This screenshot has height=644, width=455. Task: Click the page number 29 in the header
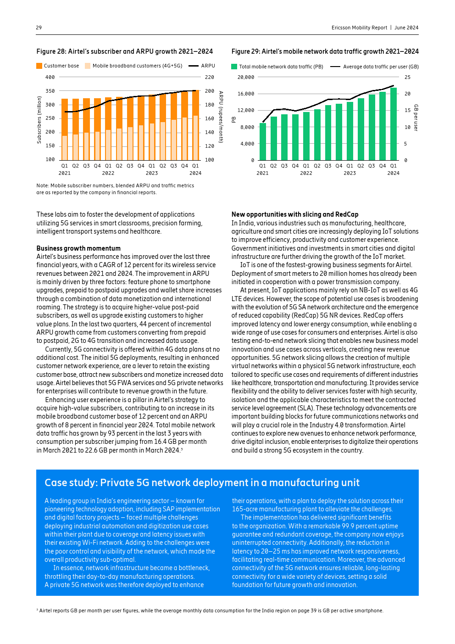coord(39,28)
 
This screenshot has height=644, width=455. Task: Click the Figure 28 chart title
coord(124,51)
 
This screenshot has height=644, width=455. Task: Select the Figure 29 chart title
coord(325,51)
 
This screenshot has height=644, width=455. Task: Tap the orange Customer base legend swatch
coord(39,66)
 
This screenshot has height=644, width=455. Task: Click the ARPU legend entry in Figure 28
coord(202,66)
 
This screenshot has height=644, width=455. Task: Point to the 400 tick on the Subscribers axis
coord(50,77)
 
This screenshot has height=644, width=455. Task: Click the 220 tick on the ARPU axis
coord(210,77)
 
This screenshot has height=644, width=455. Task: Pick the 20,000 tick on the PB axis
coord(246,77)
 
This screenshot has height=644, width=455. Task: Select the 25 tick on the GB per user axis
coord(407,77)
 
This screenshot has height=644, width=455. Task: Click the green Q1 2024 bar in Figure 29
coord(394,124)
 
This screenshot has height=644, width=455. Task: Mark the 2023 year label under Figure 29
coord(350,173)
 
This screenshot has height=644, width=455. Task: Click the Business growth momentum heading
coord(78,248)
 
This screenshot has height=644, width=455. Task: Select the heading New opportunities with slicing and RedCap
coord(295,214)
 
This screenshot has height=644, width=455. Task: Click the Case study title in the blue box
coord(202,482)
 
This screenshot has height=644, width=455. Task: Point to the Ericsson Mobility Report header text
coord(359,28)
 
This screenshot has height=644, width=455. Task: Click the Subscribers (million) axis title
coord(39,119)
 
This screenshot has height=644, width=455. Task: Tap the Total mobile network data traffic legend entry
coord(281,67)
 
